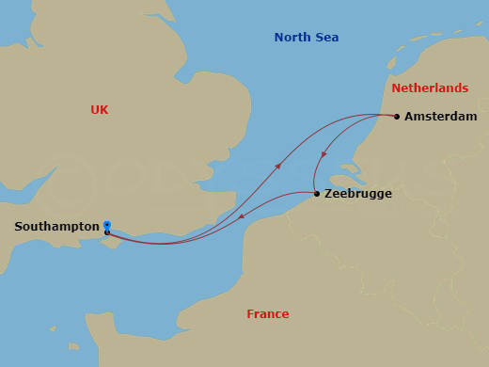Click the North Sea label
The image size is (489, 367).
(x=307, y=38)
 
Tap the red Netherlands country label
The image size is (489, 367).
(x=430, y=88)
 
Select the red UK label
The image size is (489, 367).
(x=100, y=110)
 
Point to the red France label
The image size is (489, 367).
(x=268, y=314)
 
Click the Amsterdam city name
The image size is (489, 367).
(x=441, y=117)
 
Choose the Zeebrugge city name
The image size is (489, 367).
(x=358, y=195)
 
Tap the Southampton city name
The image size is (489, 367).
(x=56, y=227)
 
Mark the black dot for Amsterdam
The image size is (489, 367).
(x=397, y=117)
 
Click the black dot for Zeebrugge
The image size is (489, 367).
(x=317, y=195)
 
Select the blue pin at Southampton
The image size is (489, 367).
(x=107, y=226)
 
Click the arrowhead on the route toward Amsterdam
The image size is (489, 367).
(x=277, y=167)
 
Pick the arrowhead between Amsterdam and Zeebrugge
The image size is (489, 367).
(x=323, y=154)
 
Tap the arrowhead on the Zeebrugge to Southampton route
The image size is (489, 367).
(x=241, y=218)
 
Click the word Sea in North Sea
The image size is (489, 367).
(x=326, y=38)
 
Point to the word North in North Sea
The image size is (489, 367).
(x=292, y=38)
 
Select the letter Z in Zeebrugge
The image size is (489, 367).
(x=328, y=195)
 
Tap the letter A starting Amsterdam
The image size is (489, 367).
(x=409, y=117)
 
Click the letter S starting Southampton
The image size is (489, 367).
(x=19, y=227)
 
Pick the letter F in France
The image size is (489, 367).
(x=250, y=314)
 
